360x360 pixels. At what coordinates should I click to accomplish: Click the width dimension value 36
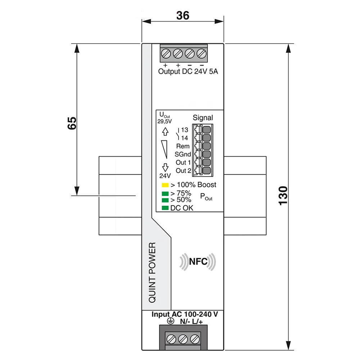pyautogui.click(x=183, y=15)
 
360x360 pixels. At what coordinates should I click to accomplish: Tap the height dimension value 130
pyautogui.click(x=283, y=195)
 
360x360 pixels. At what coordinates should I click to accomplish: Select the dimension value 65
pyautogui.click(x=72, y=123)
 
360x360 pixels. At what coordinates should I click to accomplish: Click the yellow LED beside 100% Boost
pyautogui.click(x=165, y=185)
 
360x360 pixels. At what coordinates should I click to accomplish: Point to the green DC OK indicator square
pyautogui.click(x=165, y=208)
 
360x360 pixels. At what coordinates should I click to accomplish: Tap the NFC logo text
pyautogui.click(x=198, y=261)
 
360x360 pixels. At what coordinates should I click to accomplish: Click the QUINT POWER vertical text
pyautogui.click(x=152, y=272)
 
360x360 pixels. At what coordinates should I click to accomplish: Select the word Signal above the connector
pyautogui.click(x=203, y=118)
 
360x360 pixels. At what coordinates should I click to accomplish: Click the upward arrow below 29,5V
pyautogui.click(x=165, y=131)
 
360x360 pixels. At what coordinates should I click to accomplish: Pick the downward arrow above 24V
pyautogui.click(x=165, y=167)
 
